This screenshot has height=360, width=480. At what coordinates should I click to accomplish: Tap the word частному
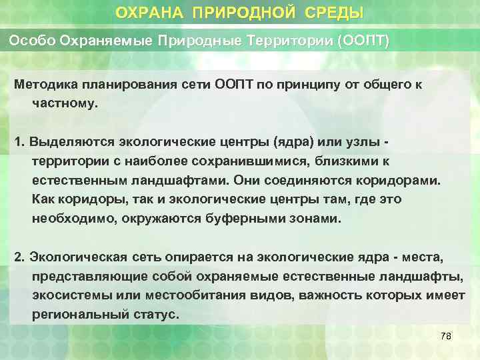point(64,104)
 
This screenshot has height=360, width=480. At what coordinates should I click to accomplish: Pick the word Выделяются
point(70,142)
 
